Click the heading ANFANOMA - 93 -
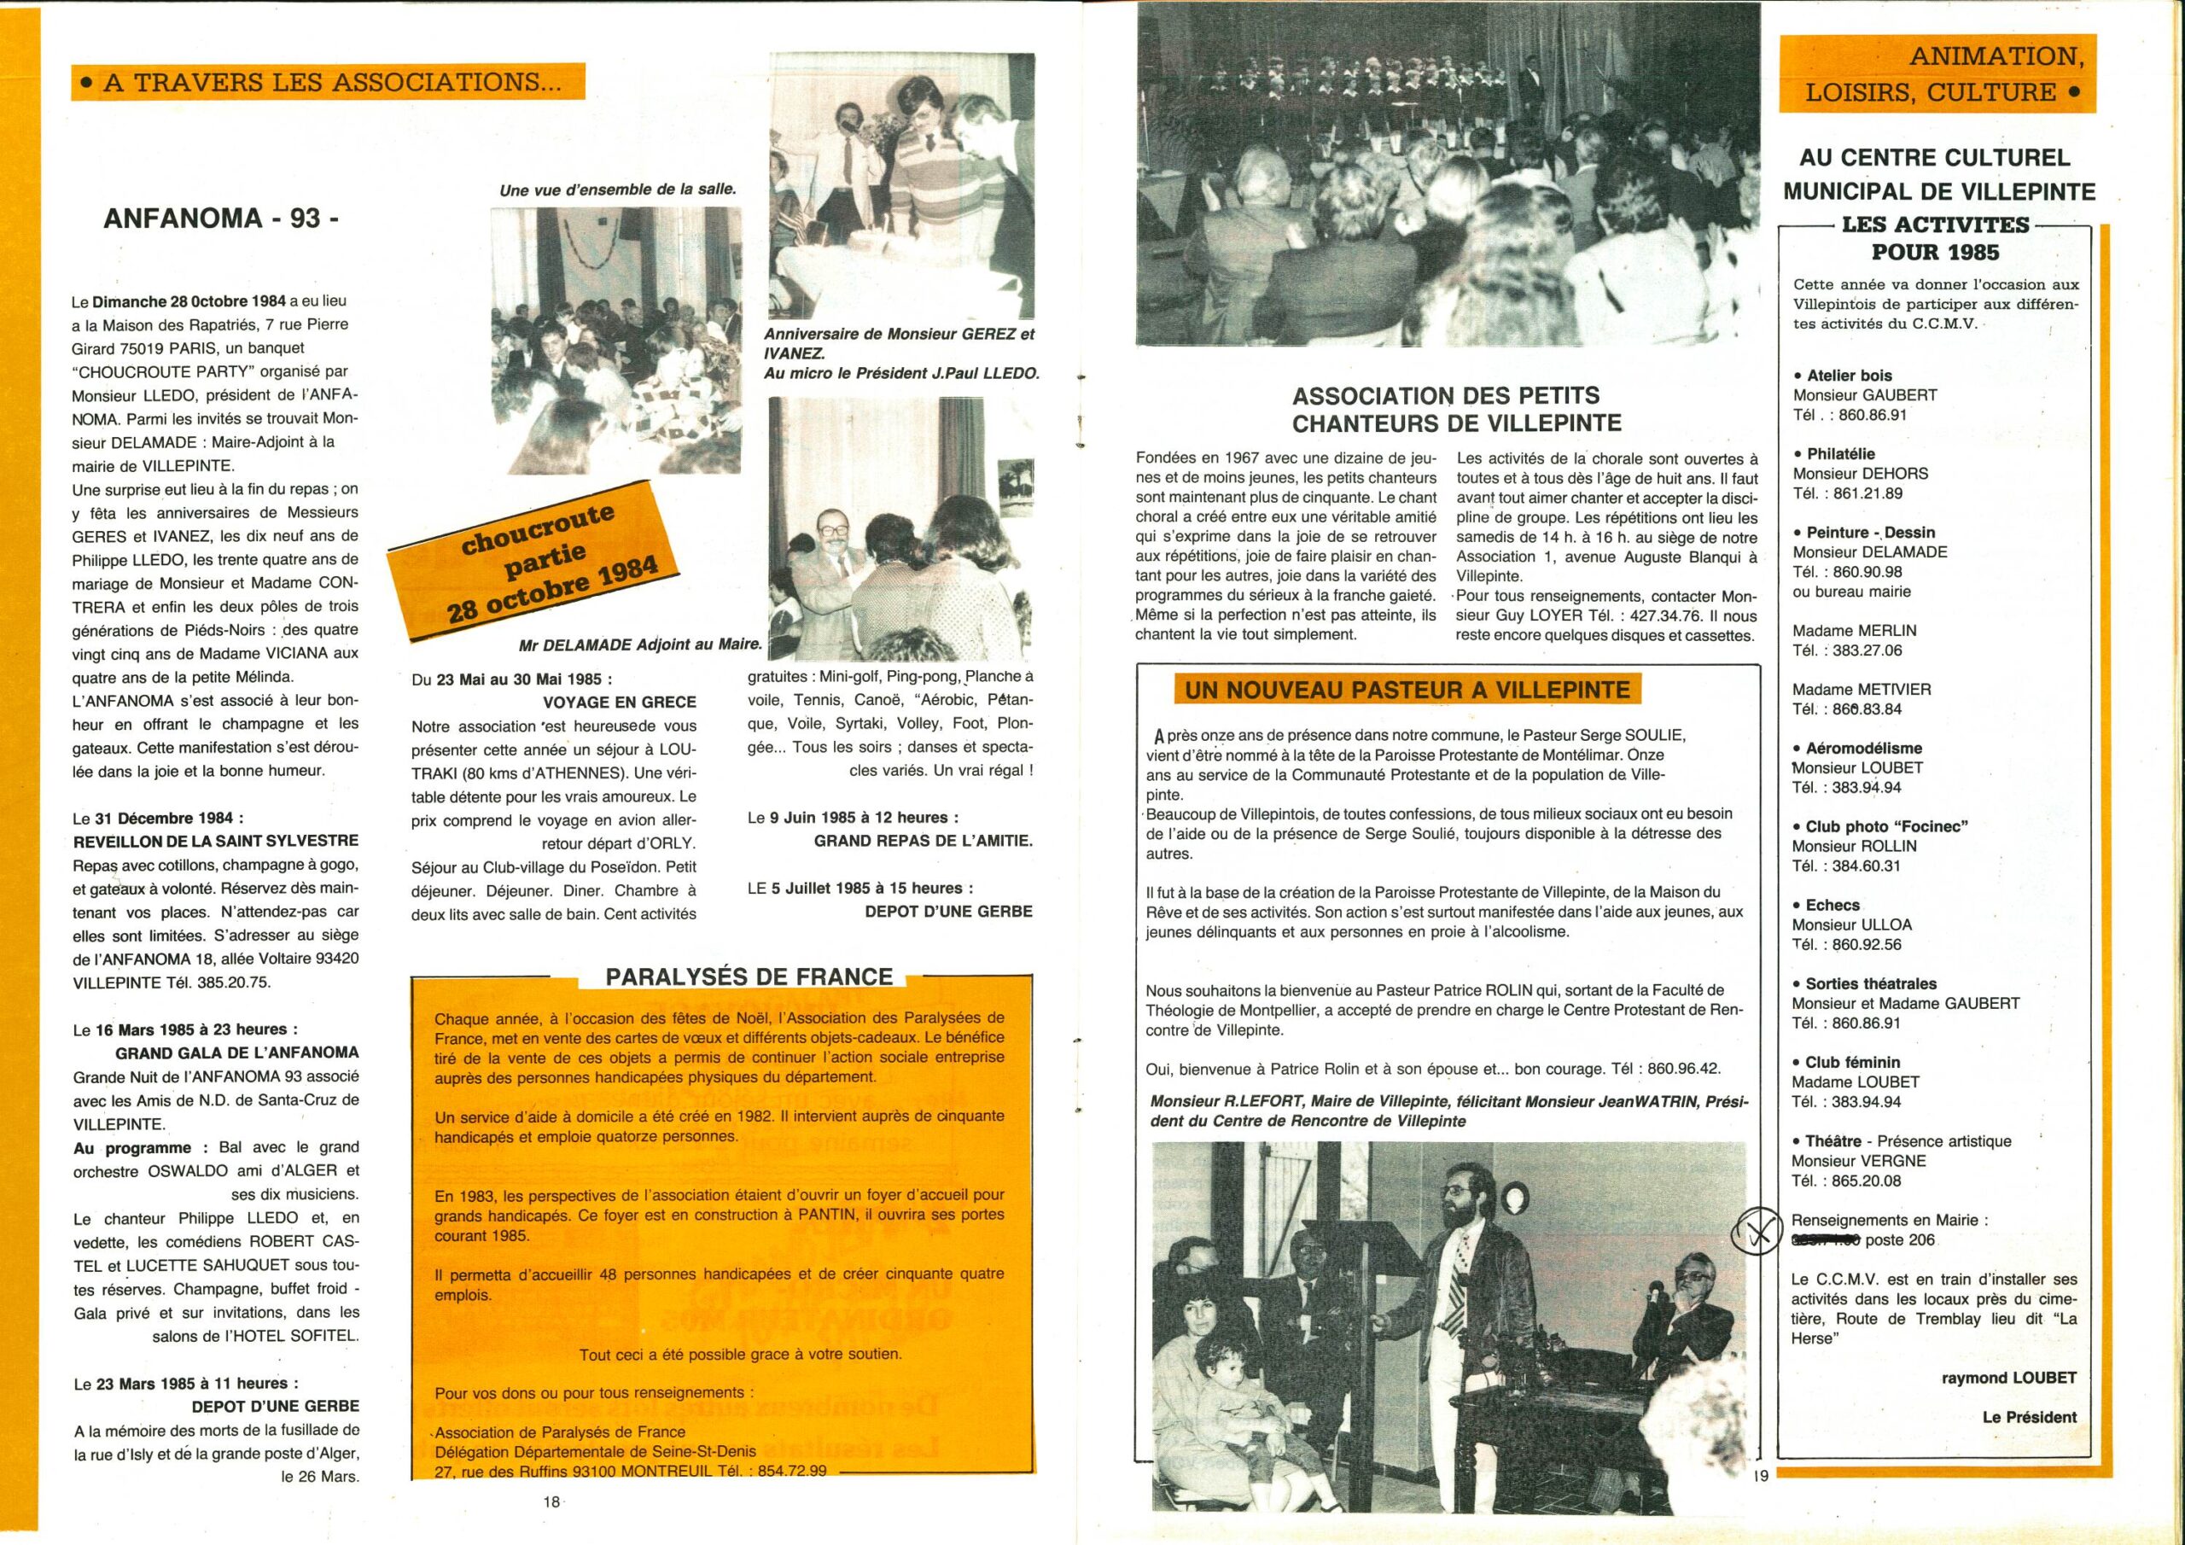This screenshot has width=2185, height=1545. pos(221,218)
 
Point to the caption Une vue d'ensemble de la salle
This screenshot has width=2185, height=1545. pos(618,189)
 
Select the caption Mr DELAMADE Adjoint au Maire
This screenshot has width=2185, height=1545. pos(640,644)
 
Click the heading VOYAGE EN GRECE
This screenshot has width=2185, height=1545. pos(619,702)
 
